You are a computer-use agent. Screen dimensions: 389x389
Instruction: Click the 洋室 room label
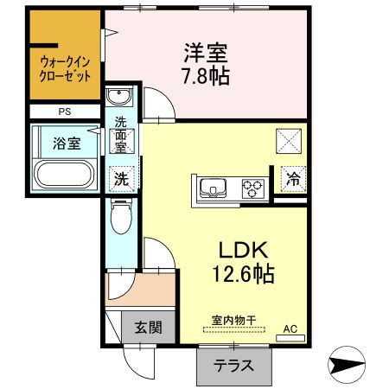pos(206,53)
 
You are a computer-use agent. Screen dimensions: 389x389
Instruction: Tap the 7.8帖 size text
pos(207,76)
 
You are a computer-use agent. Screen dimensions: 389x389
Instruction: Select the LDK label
pos(243,250)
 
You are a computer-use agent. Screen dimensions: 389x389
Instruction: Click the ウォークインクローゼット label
pos(65,69)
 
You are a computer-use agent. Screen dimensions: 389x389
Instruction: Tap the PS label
pos(65,112)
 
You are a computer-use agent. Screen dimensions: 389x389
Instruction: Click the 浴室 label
pos(67,143)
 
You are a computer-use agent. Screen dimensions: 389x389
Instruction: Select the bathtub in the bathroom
pos(64,174)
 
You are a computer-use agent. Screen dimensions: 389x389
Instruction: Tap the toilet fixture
pos(121,216)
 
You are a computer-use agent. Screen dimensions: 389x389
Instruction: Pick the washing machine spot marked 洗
pos(121,179)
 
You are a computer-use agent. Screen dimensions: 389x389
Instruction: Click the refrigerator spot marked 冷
pos(293,179)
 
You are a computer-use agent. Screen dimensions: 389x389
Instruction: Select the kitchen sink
pos(213,188)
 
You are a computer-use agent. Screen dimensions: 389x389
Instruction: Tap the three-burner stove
pos(253,188)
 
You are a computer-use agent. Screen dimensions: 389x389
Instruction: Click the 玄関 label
pos(149,328)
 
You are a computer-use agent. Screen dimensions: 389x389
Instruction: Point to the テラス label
pos(233,366)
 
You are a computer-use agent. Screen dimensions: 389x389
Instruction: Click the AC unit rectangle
pos(290,338)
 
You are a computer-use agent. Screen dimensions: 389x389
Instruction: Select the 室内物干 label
pos(234,320)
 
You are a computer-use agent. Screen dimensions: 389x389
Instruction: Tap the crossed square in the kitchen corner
pos(289,141)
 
